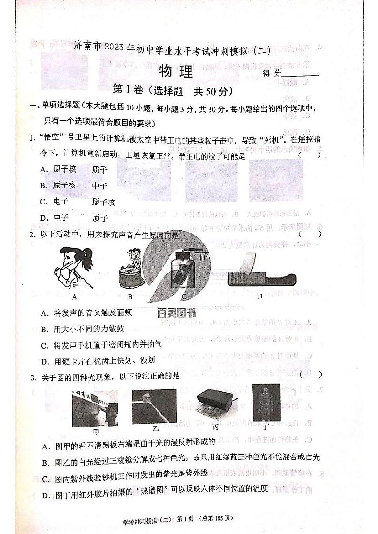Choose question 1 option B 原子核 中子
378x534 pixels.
[x=74, y=185]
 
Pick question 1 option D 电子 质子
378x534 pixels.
[x=74, y=218]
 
